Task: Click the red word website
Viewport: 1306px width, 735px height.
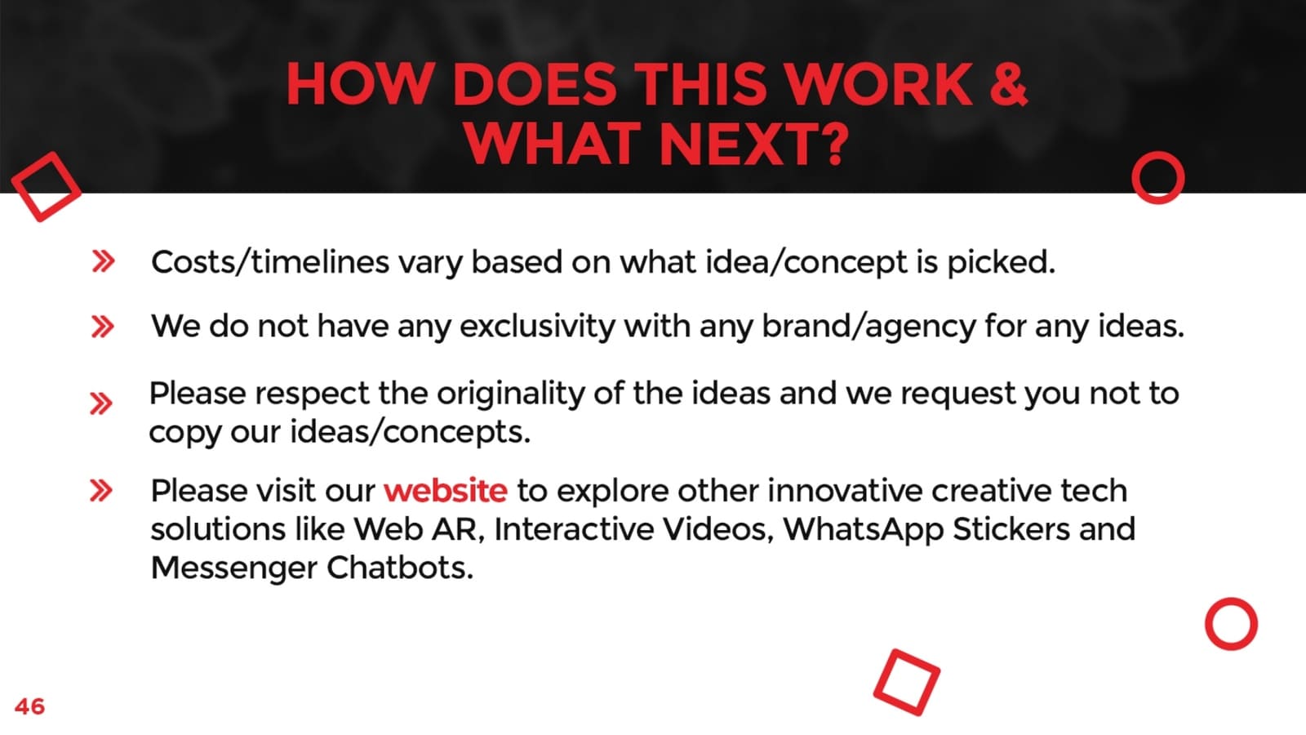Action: click(x=446, y=491)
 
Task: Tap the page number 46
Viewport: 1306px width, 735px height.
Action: click(x=29, y=706)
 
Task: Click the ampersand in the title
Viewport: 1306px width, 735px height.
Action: click(x=1008, y=84)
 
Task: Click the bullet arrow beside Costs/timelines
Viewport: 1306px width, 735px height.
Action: click(x=103, y=261)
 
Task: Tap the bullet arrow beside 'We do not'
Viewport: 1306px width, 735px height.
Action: click(x=103, y=327)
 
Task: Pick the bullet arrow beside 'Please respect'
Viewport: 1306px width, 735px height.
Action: click(x=101, y=403)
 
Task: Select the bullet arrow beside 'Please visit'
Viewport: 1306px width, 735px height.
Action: click(x=101, y=491)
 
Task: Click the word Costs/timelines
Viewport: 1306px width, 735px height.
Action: click(x=270, y=262)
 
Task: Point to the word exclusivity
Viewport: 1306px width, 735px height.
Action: click(x=537, y=326)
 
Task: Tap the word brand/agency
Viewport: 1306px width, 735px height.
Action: click(x=868, y=327)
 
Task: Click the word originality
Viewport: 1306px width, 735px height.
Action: click(x=511, y=394)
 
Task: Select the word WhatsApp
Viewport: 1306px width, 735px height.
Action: click(x=863, y=530)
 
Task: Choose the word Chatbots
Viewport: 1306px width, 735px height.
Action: click(x=399, y=568)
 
